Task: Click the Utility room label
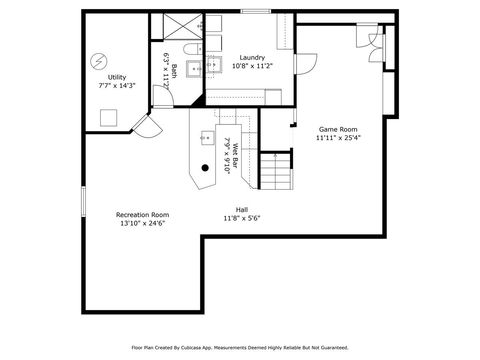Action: (x=117, y=77)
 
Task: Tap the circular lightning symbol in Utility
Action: (x=97, y=60)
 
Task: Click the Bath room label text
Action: (x=174, y=71)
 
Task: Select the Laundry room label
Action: (x=251, y=57)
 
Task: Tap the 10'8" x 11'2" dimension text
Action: (x=251, y=66)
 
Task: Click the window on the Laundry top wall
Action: (x=255, y=12)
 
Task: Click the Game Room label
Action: (x=336, y=129)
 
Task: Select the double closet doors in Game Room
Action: (x=375, y=41)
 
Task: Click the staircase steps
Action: (x=276, y=173)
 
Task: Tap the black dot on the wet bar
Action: (x=205, y=167)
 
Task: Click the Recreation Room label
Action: (x=141, y=214)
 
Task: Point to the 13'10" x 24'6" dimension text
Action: (x=141, y=223)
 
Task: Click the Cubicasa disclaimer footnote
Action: (x=239, y=348)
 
